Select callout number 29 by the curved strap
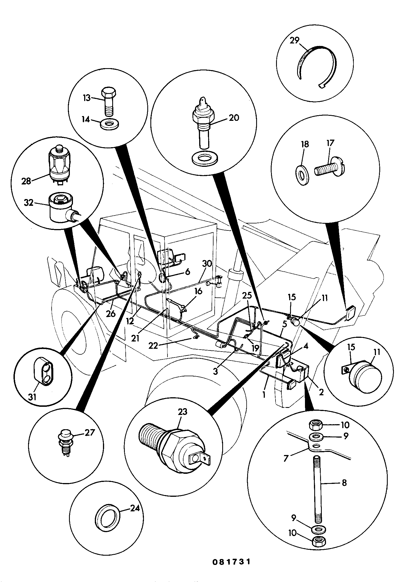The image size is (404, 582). coord(295,40)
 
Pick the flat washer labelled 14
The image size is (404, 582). coord(109,124)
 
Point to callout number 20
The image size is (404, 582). coord(234,117)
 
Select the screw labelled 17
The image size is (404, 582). coord(330,170)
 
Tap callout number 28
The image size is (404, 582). coord(26,181)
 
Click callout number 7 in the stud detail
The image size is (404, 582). coord(286,459)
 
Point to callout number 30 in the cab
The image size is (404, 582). coord(207,264)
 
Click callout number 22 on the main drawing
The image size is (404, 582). coord(153,346)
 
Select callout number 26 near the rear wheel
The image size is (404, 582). coord(111,313)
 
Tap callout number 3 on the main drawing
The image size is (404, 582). coord(215,372)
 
